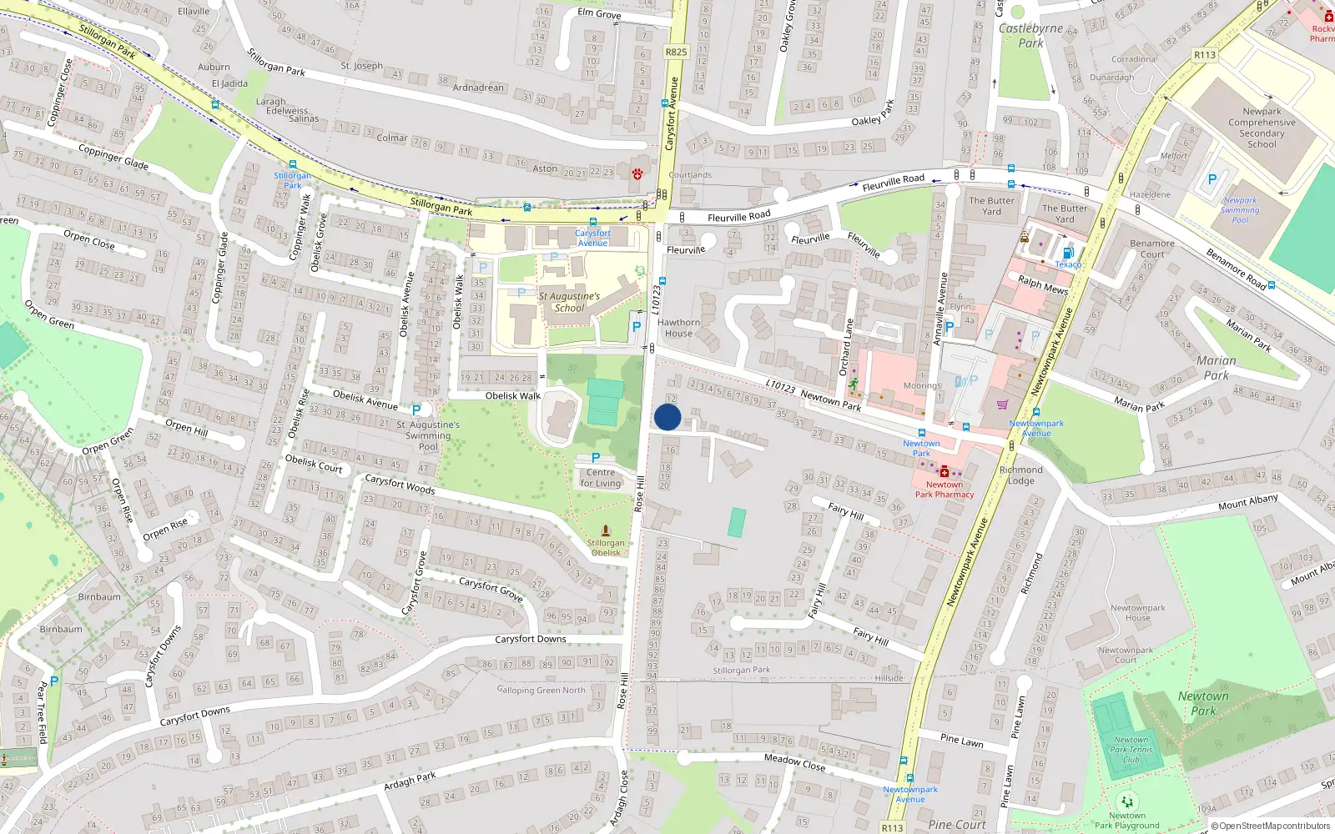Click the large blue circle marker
pyautogui.click(x=667, y=417)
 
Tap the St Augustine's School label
pyautogui.click(x=569, y=302)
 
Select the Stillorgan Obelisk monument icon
pyautogui.click(x=606, y=530)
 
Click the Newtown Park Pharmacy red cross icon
pyautogui.click(x=945, y=472)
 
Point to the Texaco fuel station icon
pyautogui.click(x=1067, y=254)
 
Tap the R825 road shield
pyautogui.click(x=676, y=52)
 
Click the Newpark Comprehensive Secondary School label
pyautogui.click(x=1262, y=128)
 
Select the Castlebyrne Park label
pyautogui.click(x=1030, y=35)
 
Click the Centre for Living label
pyautogui.click(x=601, y=478)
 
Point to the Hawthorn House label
pyautogui.click(x=679, y=328)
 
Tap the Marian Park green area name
pyautogui.click(x=1217, y=368)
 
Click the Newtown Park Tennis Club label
pyautogui.click(x=1131, y=750)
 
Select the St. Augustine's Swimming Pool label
pyautogui.click(x=428, y=435)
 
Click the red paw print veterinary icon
pyautogui.click(x=637, y=173)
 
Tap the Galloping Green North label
pyautogui.click(x=541, y=690)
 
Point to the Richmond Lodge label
pyautogui.click(x=1021, y=475)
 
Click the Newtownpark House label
pyautogui.click(x=1138, y=613)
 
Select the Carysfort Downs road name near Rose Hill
pyautogui.click(x=531, y=639)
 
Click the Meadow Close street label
pyautogui.click(x=794, y=761)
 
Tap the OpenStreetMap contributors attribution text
pyautogui.click(x=1273, y=826)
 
